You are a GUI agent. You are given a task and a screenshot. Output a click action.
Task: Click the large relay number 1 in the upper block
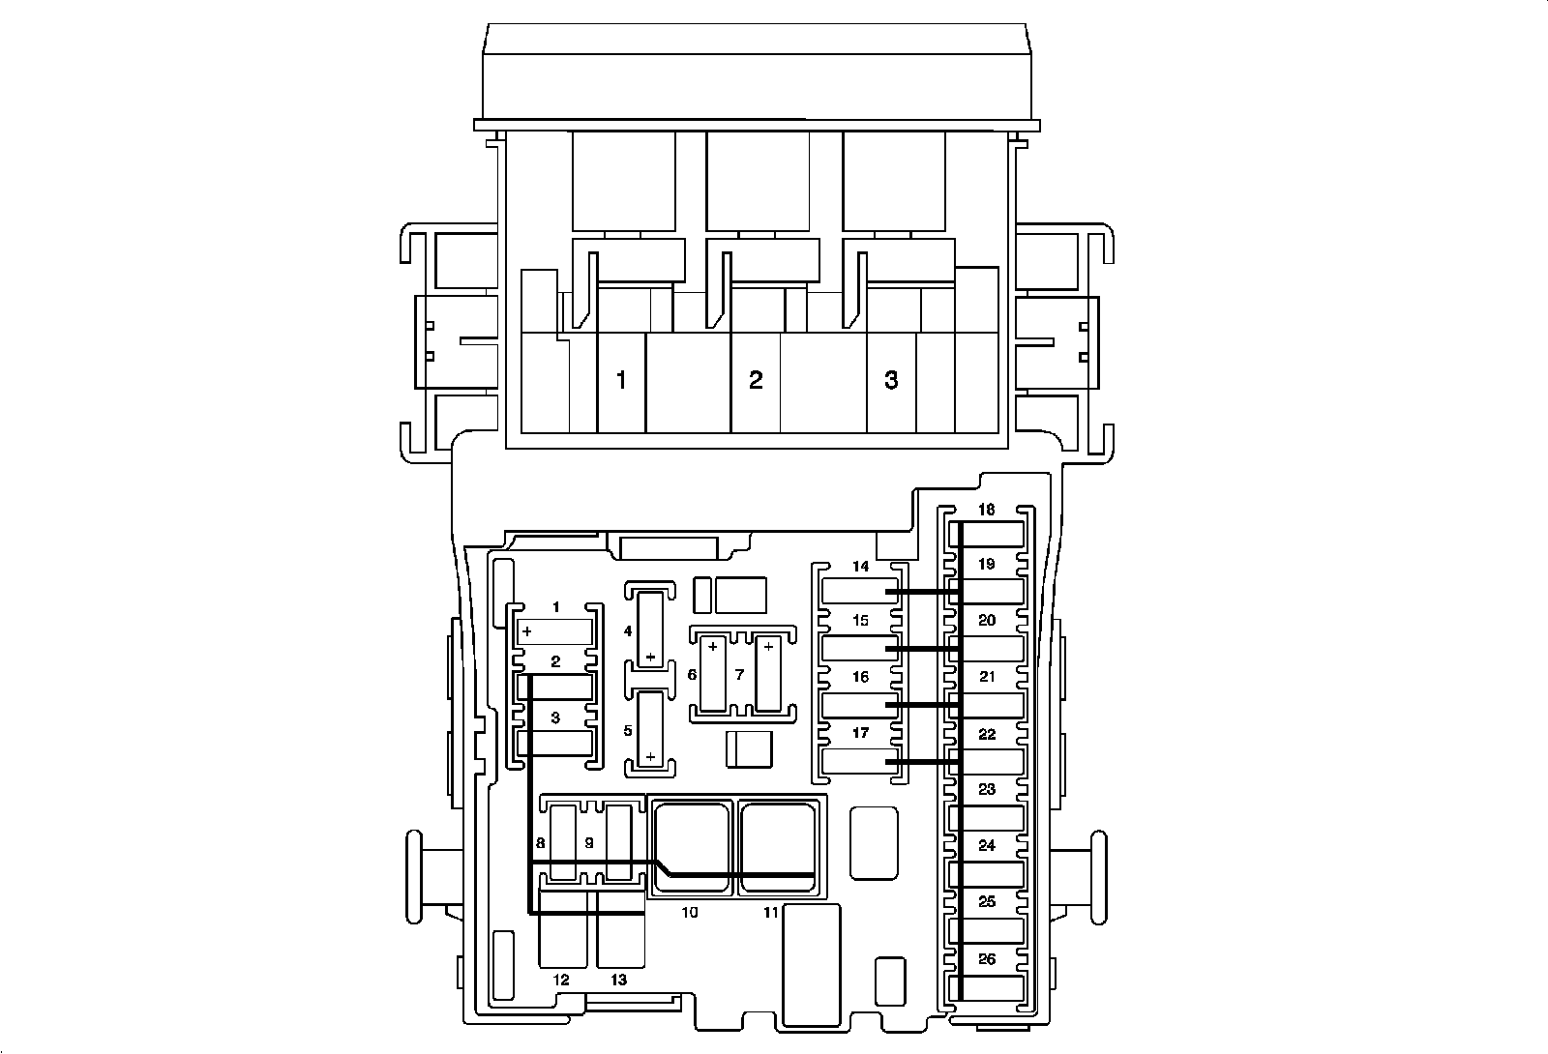tap(621, 380)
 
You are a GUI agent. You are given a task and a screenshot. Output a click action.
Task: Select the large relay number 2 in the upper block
tap(756, 380)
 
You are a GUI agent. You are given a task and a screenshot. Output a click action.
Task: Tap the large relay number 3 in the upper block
tap(891, 380)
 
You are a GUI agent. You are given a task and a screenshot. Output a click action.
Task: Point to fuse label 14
tap(860, 567)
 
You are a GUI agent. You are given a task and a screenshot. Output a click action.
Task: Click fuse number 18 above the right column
tap(986, 510)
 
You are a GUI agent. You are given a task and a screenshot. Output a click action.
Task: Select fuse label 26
tap(987, 958)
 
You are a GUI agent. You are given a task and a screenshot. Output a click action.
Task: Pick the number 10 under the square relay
tap(690, 913)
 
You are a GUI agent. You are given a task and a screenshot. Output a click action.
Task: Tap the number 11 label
tap(770, 913)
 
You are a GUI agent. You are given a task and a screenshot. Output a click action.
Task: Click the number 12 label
tap(560, 980)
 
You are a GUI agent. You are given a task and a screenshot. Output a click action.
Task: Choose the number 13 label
tap(618, 980)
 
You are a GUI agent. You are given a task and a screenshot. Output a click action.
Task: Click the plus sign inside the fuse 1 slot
tap(527, 631)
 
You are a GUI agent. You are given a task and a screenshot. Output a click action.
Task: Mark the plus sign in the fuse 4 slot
tap(650, 657)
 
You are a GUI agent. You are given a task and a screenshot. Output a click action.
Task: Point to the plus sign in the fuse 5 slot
tap(650, 757)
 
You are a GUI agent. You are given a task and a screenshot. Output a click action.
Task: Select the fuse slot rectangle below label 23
tap(986, 818)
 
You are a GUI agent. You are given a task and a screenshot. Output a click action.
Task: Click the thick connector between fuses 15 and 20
tap(922, 649)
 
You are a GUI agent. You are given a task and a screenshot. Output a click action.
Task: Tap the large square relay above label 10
tap(692, 845)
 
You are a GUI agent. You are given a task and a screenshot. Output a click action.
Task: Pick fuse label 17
tap(860, 733)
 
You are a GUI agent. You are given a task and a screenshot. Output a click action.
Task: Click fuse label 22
tap(987, 734)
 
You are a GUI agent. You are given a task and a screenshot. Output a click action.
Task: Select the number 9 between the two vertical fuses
tap(589, 843)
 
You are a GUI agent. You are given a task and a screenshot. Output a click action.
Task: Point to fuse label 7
tap(739, 674)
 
